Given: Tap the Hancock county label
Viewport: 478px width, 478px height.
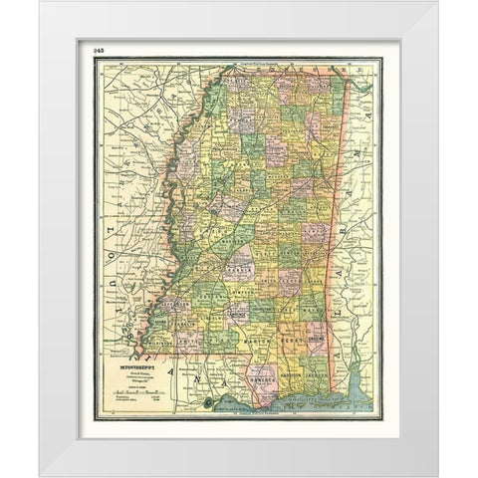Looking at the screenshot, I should point(262,378).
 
